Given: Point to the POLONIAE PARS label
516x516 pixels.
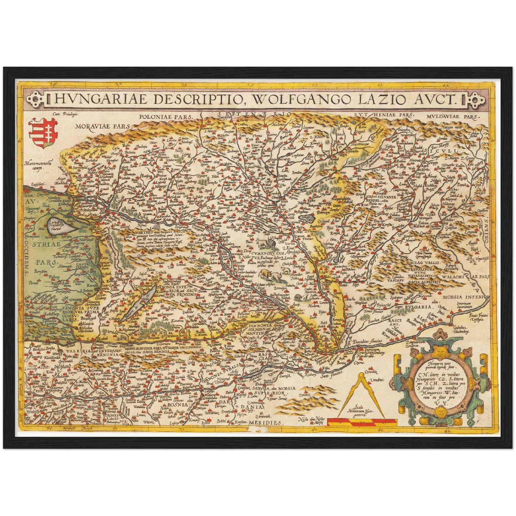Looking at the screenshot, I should point(166,116).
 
